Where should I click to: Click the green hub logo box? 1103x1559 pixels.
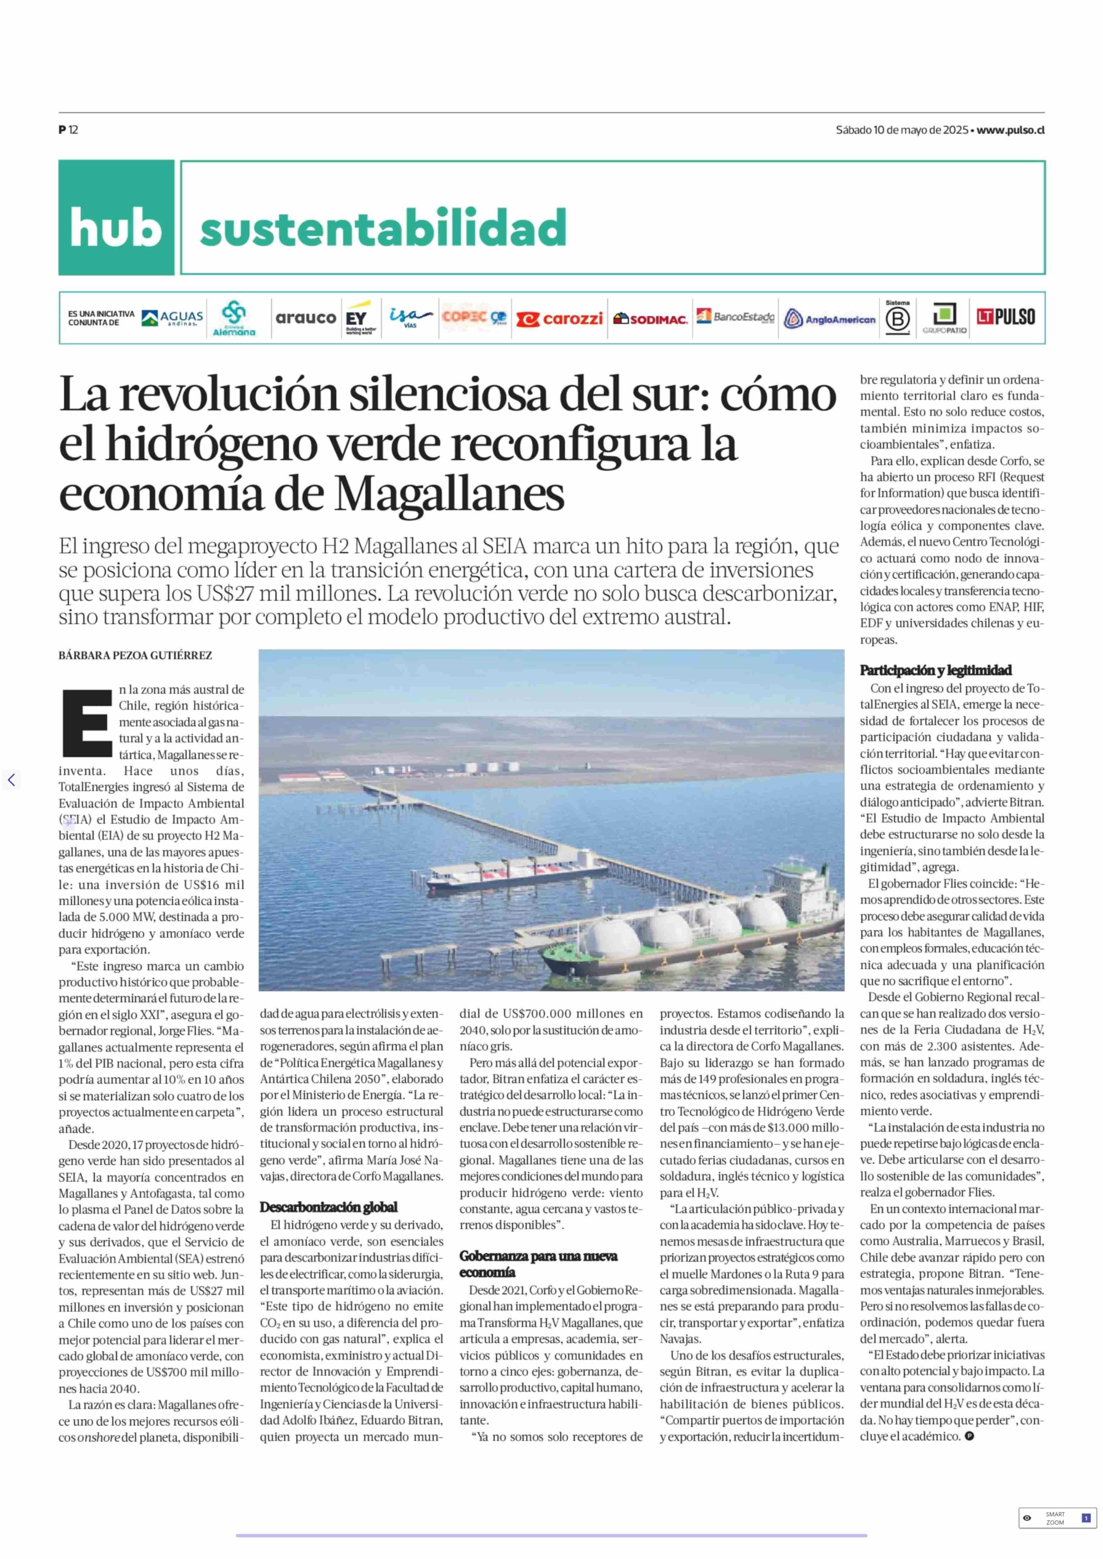click(x=116, y=217)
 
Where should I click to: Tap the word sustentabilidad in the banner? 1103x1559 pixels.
click(x=383, y=228)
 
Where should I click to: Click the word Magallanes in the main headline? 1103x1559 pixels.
click(x=450, y=495)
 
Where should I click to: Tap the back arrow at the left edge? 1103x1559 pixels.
click(x=11, y=780)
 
